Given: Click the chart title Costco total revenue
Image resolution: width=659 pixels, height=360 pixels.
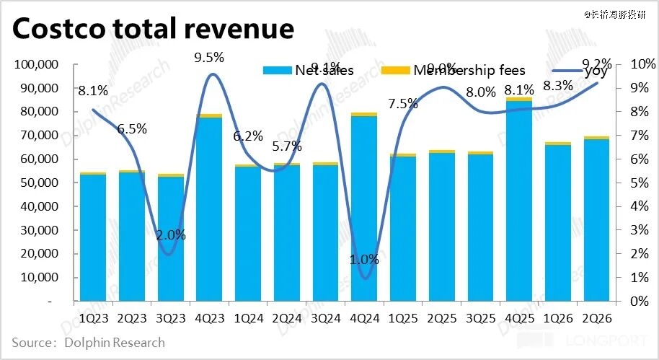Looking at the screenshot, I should coord(154,28).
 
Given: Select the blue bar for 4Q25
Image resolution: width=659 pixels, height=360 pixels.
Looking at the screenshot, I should coord(518,202).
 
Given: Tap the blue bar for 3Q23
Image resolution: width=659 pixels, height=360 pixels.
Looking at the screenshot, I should coord(170,238).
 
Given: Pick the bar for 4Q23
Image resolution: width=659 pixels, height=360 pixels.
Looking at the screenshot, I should coord(209,209).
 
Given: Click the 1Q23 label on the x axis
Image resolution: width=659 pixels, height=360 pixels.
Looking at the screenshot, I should coord(93,318).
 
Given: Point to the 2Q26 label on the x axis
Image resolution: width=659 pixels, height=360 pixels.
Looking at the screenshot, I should coord(596,318).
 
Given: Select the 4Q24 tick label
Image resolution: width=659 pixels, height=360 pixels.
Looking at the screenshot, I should coord(364,318).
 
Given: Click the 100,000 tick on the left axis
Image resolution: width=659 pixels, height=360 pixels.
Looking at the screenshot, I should coord(36,65).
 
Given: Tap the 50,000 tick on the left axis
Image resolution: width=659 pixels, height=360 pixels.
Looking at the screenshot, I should coord(39,183).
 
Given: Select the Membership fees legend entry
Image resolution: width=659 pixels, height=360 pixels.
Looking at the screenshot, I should coord(469,70).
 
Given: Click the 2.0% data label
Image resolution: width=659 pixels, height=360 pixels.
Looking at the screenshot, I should coord(171,234).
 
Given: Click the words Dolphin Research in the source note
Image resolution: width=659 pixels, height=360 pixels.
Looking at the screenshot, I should coord(115,342).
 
